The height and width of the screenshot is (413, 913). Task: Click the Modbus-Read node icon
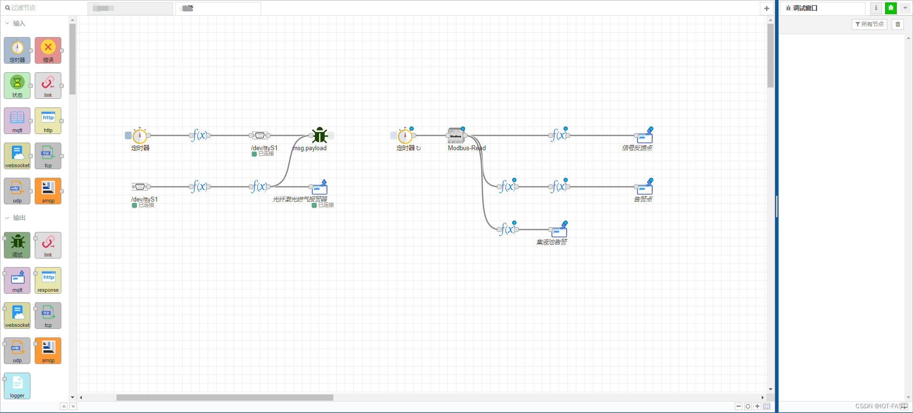click(456, 135)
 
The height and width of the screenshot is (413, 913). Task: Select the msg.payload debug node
click(320, 135)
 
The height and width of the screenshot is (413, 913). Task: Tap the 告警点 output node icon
click(645, 187)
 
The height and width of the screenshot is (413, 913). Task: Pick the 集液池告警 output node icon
click(559, 230)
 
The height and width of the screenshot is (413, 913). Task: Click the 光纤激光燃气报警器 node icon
click(320, 187)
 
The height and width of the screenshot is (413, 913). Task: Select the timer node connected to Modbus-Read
click(405, 136)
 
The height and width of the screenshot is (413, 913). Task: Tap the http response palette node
click(48, 280)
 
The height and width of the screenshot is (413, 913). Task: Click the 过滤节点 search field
click(43, 8)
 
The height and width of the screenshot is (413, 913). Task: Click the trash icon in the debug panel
click(898, 24)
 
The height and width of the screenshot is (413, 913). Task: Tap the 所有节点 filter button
click(869, 24)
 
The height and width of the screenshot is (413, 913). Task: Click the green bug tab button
click(891, 8)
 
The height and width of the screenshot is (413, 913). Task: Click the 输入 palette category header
click(19, 23)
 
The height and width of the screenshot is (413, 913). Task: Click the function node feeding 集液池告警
click(508, 230)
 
